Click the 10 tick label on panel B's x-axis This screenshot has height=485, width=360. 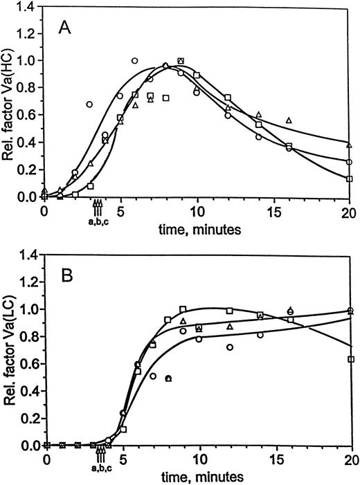click(199, 459)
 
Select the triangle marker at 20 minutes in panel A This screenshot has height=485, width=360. click(350, 145)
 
